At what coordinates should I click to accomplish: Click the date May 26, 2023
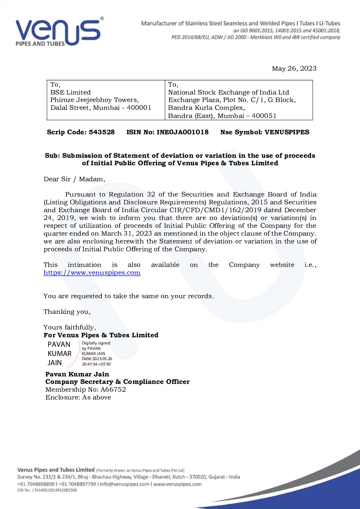[x=294, y=69]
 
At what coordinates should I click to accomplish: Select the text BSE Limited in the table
[x=70, y=92]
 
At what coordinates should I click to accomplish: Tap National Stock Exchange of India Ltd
[x=228, y=92]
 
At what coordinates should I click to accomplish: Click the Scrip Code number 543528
[x=102, y=132]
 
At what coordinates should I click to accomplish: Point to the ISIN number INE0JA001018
[x=182, y=132]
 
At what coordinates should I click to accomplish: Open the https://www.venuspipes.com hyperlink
[x=92, y=273]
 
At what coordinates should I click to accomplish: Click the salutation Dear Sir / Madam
[x=74, y=179]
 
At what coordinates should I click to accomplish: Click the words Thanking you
[x=67, y=312]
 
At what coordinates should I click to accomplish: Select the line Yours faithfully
[x=70, y=327]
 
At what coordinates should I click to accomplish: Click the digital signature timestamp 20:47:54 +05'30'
[x=96, y=364]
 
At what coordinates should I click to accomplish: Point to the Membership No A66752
[x=113, y=390]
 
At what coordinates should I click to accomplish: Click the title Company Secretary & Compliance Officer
[x=117, y=382]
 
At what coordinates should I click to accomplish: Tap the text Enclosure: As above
[x=78, y=397]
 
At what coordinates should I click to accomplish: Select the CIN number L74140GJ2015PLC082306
[x=54, y=490]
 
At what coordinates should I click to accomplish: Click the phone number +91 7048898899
[x=36, y=484]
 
